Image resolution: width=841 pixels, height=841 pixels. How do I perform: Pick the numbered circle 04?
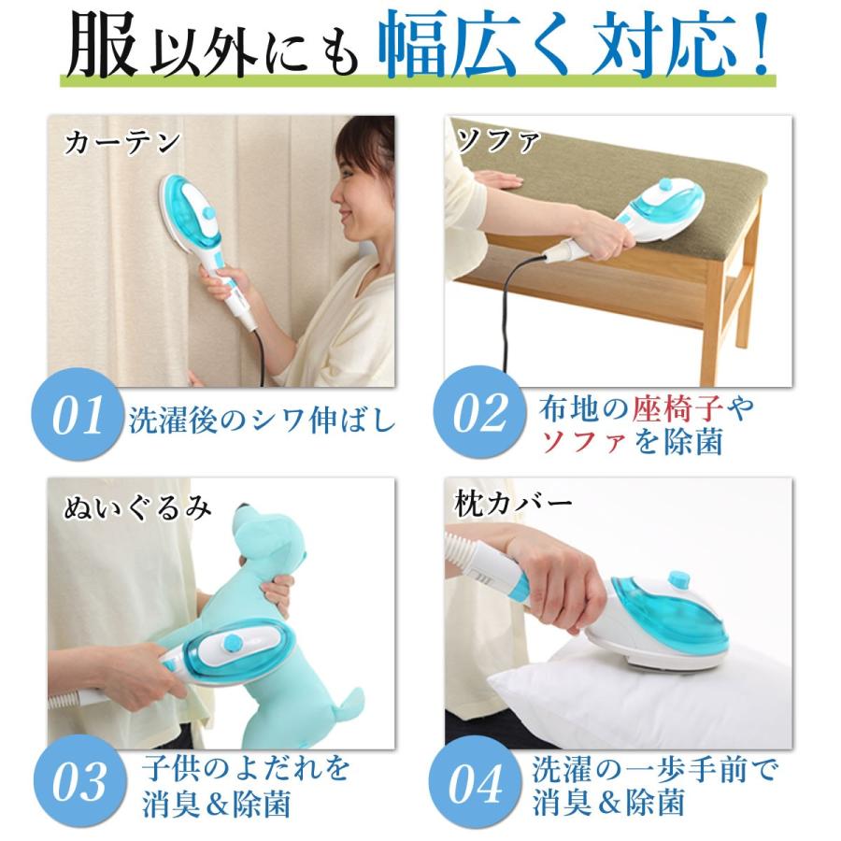click(481, 784)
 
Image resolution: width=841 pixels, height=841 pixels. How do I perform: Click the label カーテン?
click(121, 142)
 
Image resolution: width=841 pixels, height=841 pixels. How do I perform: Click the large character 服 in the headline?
click(102, 46)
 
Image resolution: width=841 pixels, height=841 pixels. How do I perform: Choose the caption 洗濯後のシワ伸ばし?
click(262, 420)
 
